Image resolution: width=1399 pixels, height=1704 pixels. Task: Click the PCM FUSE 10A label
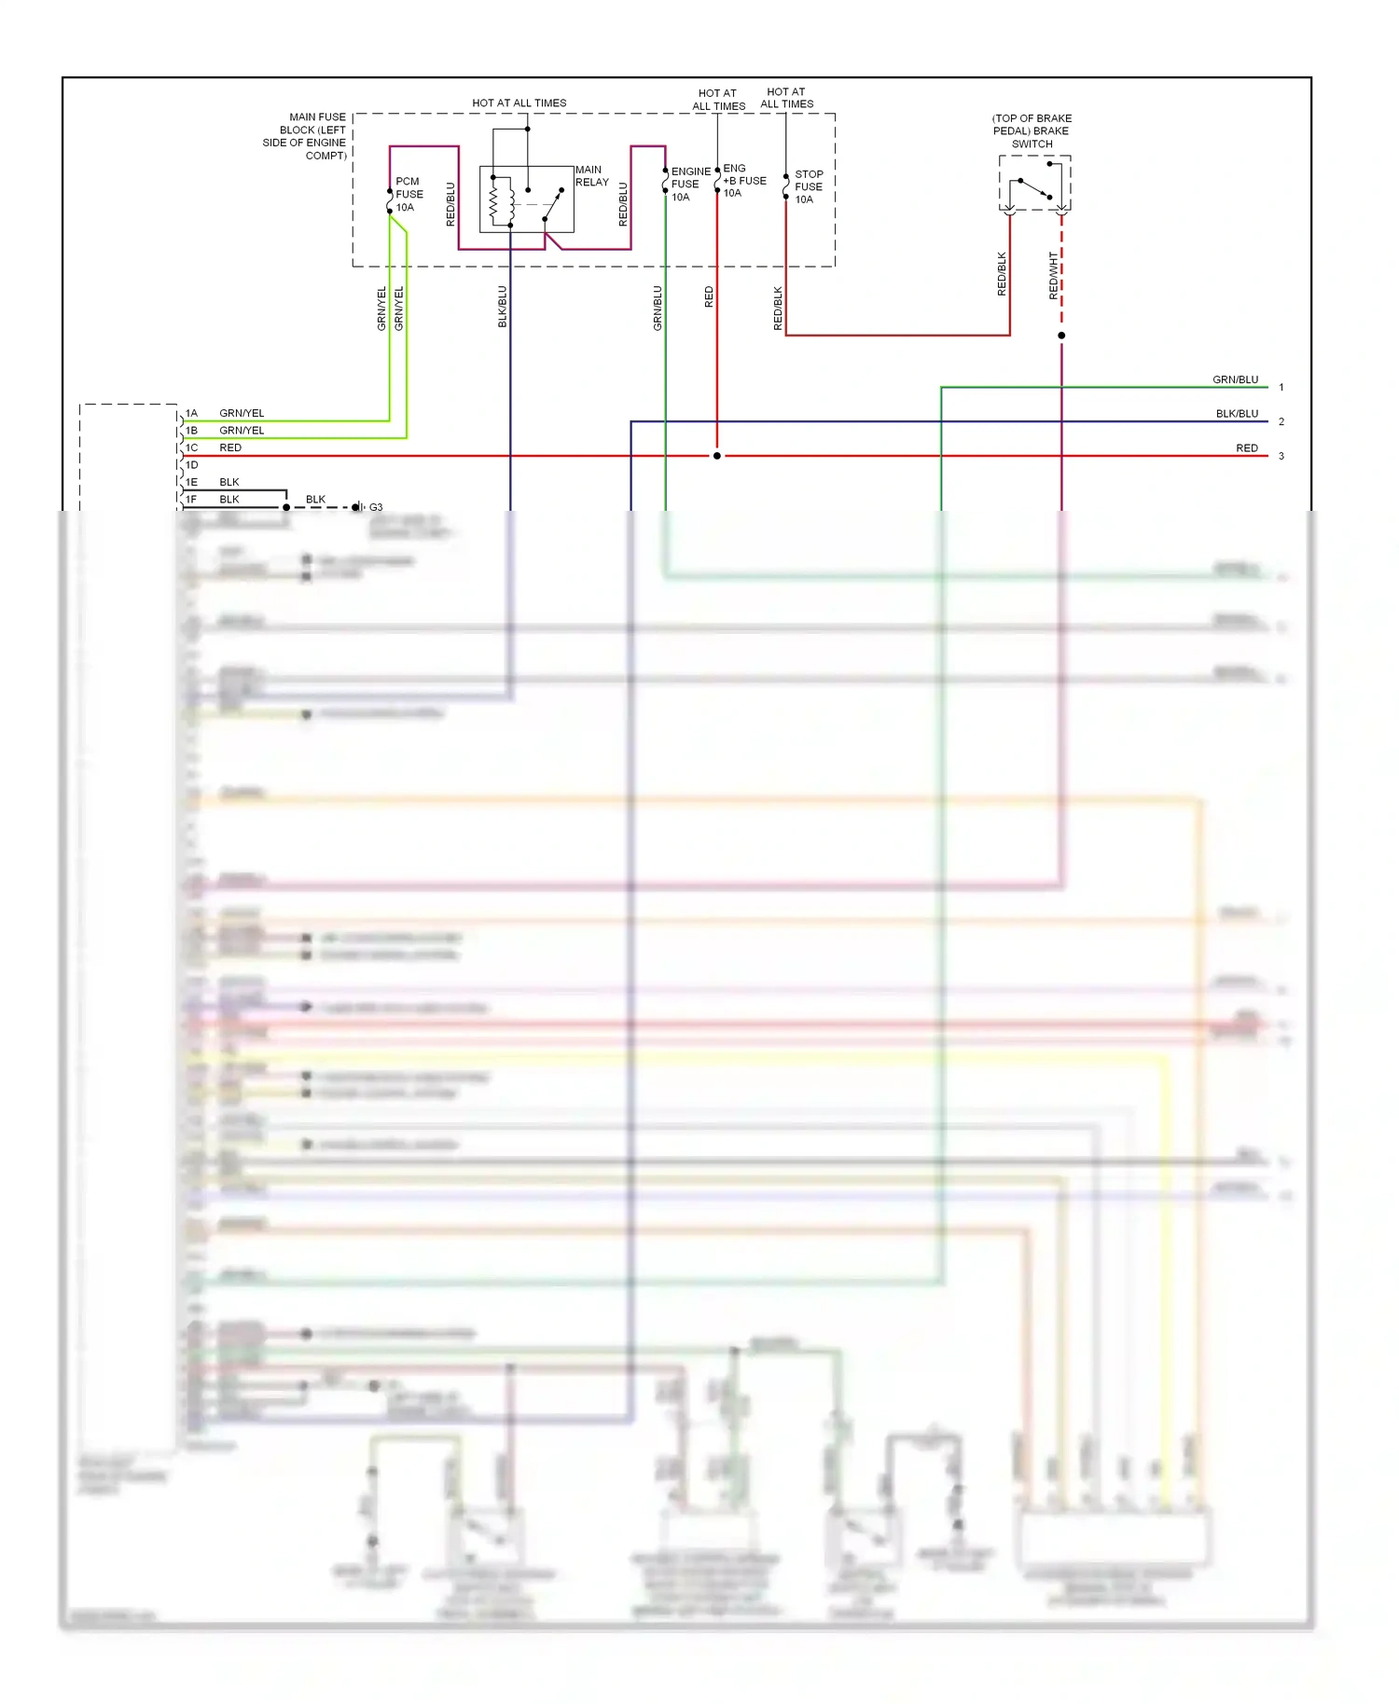(409, 195)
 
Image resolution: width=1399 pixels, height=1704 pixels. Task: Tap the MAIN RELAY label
(591, 176)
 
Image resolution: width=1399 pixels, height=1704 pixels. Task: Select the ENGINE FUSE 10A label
(690, 185)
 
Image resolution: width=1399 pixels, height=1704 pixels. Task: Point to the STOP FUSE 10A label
(808, 187)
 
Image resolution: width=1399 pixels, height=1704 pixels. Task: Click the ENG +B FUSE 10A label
(743, 181)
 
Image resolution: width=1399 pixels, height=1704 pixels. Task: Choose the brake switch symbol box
(1034, 184)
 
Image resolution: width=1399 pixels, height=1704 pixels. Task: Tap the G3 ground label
(376, 507)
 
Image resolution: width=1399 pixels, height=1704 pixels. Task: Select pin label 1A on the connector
(191, 413)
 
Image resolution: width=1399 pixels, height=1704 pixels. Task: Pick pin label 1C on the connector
(191, 447)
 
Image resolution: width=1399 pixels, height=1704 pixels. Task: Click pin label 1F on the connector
(191, 500)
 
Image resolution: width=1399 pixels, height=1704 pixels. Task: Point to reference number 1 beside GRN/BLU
(1281, 387)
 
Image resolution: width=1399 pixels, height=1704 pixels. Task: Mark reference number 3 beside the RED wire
(1281, 456)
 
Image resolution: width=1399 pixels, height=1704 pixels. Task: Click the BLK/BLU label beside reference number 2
(1237, 414)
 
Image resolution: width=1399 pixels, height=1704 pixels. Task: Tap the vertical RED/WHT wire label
(1053, 275)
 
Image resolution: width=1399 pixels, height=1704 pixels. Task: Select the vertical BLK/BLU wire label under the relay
(502, 307)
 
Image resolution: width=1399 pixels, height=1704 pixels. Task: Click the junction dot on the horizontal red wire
(716, 456)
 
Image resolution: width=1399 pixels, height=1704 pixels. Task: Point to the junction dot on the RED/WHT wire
(1061, 336)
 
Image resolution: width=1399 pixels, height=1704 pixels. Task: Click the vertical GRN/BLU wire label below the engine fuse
(658, 308)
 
